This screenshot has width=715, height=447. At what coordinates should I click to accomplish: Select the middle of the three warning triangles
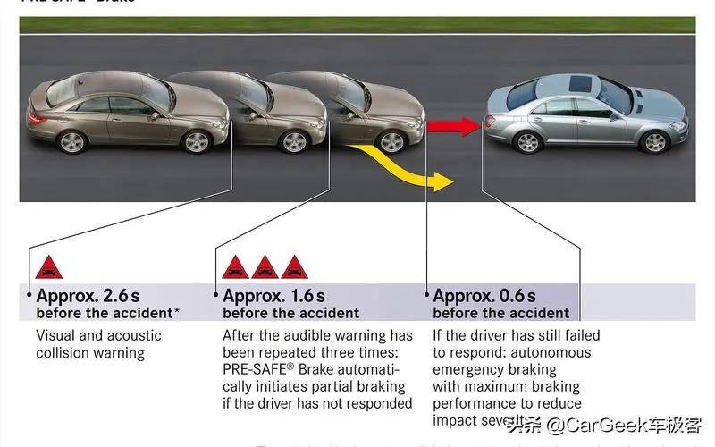[x=264, y=266]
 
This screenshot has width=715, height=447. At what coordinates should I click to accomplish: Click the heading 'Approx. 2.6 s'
[x=88, y=296]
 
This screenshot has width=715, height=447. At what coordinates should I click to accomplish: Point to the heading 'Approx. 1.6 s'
[x=273, y=296]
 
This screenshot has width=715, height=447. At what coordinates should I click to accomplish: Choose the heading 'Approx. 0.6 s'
[x=484, y=296]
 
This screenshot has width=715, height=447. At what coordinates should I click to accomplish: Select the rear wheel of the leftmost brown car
[x=71, y=141]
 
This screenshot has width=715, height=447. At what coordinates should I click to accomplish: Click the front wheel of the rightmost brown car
[x=391, y=141]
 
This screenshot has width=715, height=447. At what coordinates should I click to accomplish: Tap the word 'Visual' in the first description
[x=55, y=335]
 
